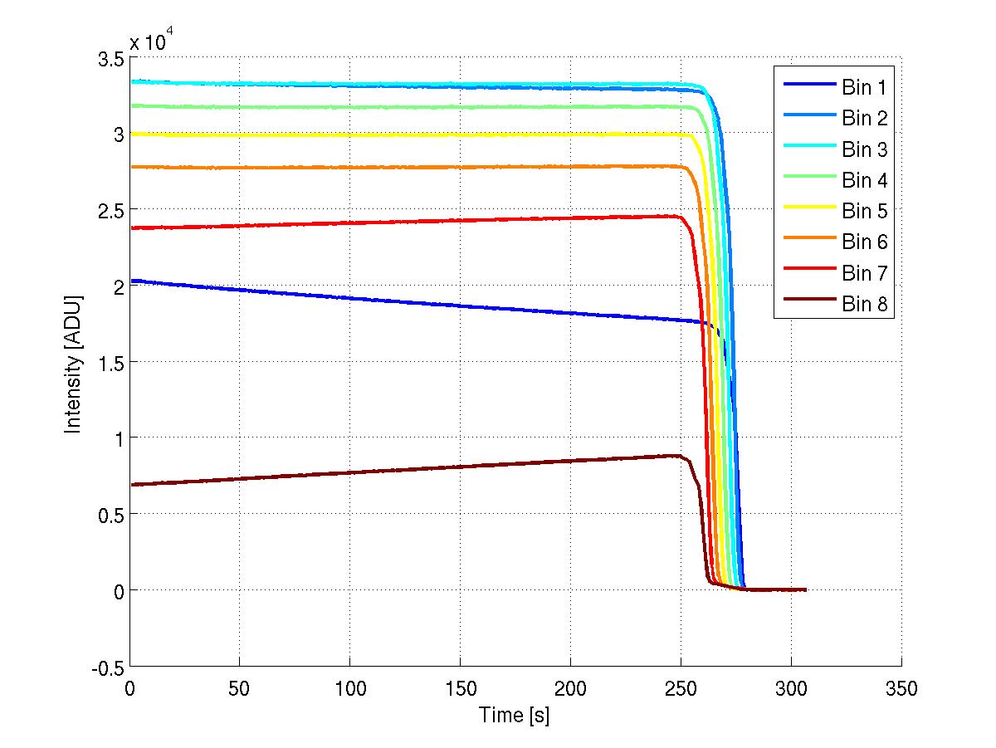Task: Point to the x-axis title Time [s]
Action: (515, 714)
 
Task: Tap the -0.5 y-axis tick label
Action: (105, 667)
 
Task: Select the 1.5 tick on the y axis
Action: (109, 363)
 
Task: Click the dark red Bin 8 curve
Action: (415, 468)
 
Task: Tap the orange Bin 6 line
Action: (415, 168)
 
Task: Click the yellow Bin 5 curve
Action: (415, 134)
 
